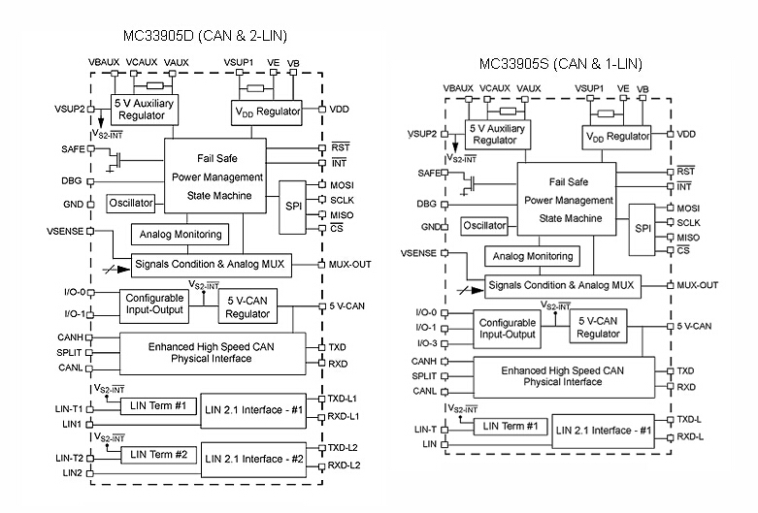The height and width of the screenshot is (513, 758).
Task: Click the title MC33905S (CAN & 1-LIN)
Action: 560,64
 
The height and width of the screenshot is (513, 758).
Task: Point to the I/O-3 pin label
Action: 424,343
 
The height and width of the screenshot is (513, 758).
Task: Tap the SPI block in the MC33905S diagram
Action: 643,228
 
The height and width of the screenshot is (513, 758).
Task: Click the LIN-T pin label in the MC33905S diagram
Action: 422,429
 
